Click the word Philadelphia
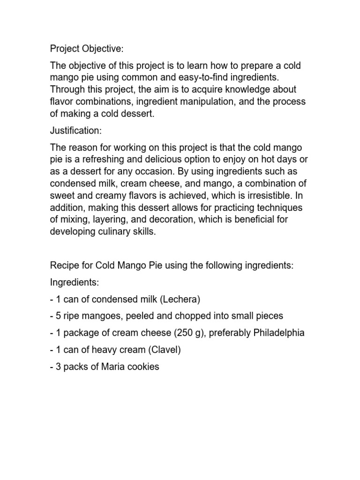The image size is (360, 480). coord(279,333)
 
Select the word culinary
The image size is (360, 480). coord(111,232)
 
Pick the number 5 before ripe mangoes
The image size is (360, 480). coord(58,316)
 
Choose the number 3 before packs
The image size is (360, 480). coord(58,367)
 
